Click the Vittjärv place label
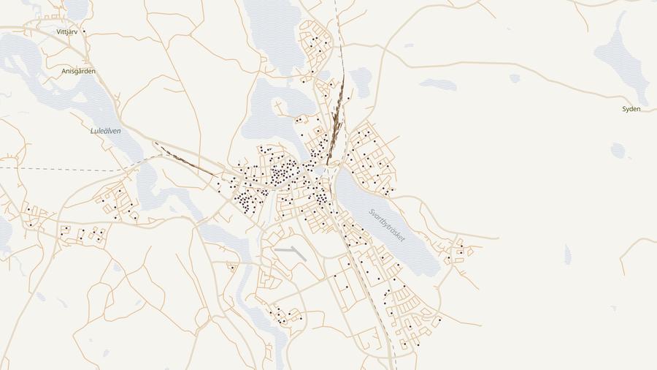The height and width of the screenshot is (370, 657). click(66, 32)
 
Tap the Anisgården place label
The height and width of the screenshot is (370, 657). click(78, 72)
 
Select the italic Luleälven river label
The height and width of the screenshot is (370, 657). click(105, 131)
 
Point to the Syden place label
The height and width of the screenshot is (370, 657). click(631, 109)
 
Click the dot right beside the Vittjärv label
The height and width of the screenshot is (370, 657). click(84, 31)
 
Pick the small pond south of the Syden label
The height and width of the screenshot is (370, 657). click(618, 150)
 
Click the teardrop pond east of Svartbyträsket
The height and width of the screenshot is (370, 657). click(567, 254)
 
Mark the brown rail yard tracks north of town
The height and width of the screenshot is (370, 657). click(336, 124)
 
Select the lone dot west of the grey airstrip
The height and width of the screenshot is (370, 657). click(232, 268)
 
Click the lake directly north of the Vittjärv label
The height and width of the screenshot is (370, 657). click(76, 7)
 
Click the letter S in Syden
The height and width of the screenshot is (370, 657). click(624, 109)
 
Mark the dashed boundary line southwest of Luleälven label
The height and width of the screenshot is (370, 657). click(58, 169)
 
